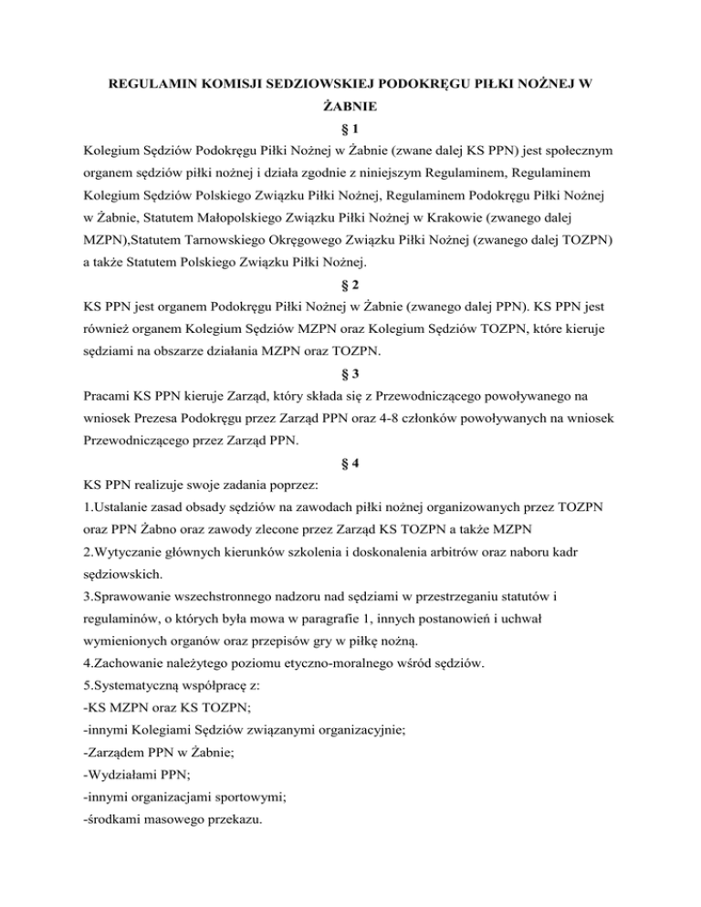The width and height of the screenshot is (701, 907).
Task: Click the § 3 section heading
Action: point(350,399)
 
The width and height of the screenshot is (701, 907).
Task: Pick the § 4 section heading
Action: point(350,488)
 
